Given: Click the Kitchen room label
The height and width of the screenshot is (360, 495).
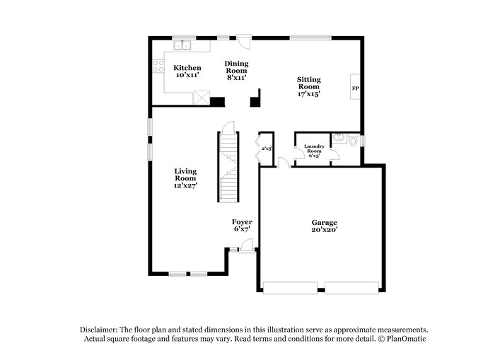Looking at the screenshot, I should click(187, 68).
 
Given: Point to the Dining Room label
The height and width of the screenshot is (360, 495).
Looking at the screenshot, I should click(237, 67).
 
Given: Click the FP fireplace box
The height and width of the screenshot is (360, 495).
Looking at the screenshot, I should click(356, 89).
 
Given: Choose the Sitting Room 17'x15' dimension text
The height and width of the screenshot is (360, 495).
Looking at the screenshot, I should click(308, 94).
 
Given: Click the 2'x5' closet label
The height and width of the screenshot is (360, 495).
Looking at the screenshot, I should click(267, 149).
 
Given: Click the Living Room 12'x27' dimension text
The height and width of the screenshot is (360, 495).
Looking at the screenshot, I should click(186, 185).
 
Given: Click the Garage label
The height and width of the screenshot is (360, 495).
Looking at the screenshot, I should click(325, 222).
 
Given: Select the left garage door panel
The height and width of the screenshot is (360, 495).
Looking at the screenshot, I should click(291, 288).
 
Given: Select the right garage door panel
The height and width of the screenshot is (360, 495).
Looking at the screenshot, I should click(351, 288).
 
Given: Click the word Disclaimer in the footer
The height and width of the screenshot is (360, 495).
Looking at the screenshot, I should click(99, 330).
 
